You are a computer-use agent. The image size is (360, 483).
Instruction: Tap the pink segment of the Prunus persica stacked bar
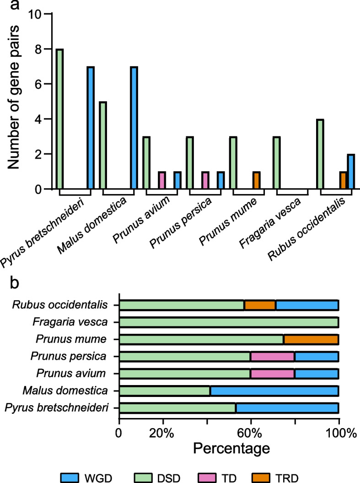click(273, 357)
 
